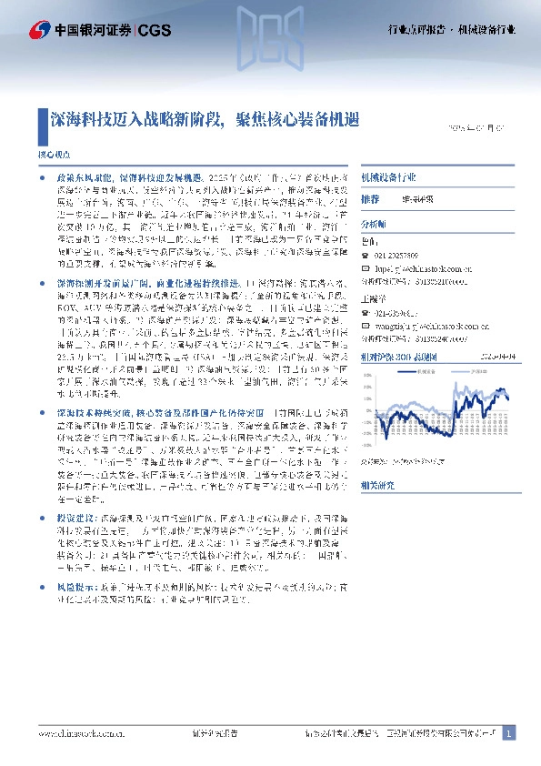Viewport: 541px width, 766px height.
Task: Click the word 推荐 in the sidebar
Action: coord(369,198)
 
